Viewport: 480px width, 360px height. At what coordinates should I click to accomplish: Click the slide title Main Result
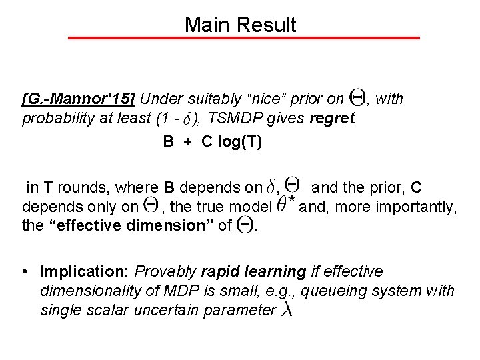(240, 25)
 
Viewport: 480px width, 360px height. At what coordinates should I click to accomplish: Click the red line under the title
(244, 38)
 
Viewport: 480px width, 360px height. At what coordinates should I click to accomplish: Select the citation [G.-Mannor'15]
(79, 100)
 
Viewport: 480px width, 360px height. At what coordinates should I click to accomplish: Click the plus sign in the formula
(188, 142)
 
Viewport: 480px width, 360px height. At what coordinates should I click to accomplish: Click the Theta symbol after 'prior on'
(357, 99)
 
